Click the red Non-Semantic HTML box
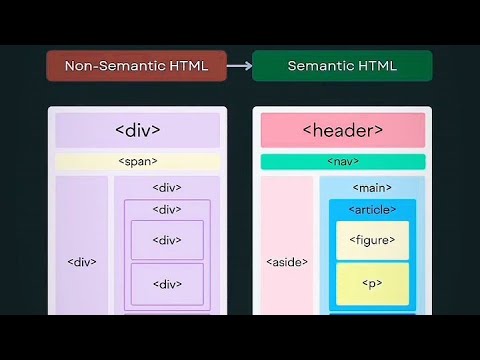[135, 66]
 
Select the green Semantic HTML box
[342, 66]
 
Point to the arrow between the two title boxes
[238, 66]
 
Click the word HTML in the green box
[376, 66]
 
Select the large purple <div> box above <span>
[138, 130]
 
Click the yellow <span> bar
[138, 161]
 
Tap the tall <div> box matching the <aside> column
[82, 250]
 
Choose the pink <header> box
[342, 130]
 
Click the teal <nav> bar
[342, 161]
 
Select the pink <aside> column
[287, 250]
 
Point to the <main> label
[372, 188]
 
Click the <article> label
[372, 209]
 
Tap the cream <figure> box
[372, 240]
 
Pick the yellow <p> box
[372, 284]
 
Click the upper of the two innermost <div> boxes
[167, 240]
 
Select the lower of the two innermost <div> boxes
[167, 284]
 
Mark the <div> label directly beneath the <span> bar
[167, 188]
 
